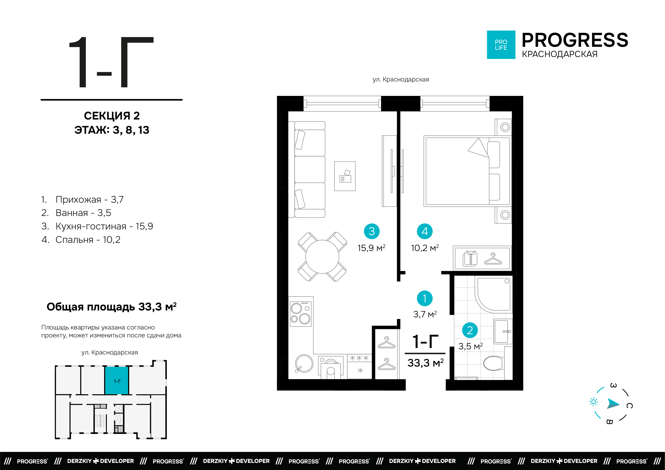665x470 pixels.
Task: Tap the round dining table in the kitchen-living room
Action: (322, 257)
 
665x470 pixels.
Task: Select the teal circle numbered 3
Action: (372, 231)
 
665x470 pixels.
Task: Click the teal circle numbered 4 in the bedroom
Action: (425, 231)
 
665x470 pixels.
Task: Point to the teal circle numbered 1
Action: (425, 298)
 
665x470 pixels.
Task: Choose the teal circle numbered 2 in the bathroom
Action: (470, 330)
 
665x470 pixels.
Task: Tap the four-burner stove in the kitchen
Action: (301, 314)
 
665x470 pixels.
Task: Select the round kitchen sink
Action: (304, 363)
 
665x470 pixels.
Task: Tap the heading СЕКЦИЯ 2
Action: (112, 116)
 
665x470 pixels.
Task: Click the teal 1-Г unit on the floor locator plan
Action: (117, 381)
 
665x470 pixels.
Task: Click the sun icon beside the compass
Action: (594, 402)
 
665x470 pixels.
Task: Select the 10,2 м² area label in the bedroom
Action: (425, 248)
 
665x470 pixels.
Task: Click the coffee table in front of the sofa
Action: (345, 176)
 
